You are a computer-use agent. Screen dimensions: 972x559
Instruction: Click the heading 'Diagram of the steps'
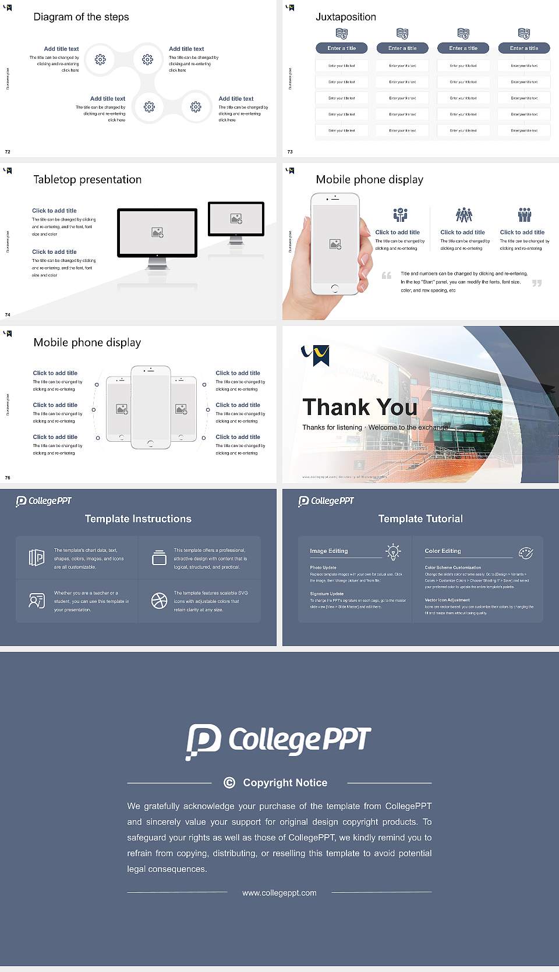(x=81, y=17)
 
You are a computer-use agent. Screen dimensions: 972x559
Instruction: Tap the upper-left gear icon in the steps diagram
(x=100, y=59)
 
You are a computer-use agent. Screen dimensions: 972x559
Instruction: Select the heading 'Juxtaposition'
(x=345, y=17)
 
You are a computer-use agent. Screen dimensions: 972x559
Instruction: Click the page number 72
(x=8, y=152)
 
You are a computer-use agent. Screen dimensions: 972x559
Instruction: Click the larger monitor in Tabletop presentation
(x=157, y=233)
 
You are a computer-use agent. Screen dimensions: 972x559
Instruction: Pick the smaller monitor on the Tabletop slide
(x=236, y=219)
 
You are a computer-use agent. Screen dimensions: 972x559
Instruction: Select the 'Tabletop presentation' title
(x=87, y=180)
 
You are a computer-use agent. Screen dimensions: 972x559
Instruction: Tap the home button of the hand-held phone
(x=334, y=288)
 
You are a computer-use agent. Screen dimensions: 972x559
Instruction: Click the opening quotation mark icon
(x=387, y=275)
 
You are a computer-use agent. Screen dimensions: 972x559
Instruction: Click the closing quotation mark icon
(x=537, y=283)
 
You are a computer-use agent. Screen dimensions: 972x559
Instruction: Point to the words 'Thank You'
(x=360, y=407)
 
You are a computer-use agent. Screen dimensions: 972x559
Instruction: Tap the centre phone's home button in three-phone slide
(x=150, y=444)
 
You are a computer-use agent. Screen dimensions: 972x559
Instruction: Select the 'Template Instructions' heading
(x=138, y=519)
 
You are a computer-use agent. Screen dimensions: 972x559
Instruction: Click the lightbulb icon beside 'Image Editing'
(x=393, y=552)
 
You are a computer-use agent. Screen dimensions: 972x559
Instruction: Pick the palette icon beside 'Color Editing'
(x=526, y=552)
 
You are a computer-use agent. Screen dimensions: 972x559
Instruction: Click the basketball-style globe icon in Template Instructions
(x=159, y=601)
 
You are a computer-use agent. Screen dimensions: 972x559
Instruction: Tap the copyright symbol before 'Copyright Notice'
(x=229, y=783)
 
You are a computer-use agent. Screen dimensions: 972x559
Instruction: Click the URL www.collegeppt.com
(x=279, y=893)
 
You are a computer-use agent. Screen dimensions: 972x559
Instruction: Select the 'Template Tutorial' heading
(x=420, y=519)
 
